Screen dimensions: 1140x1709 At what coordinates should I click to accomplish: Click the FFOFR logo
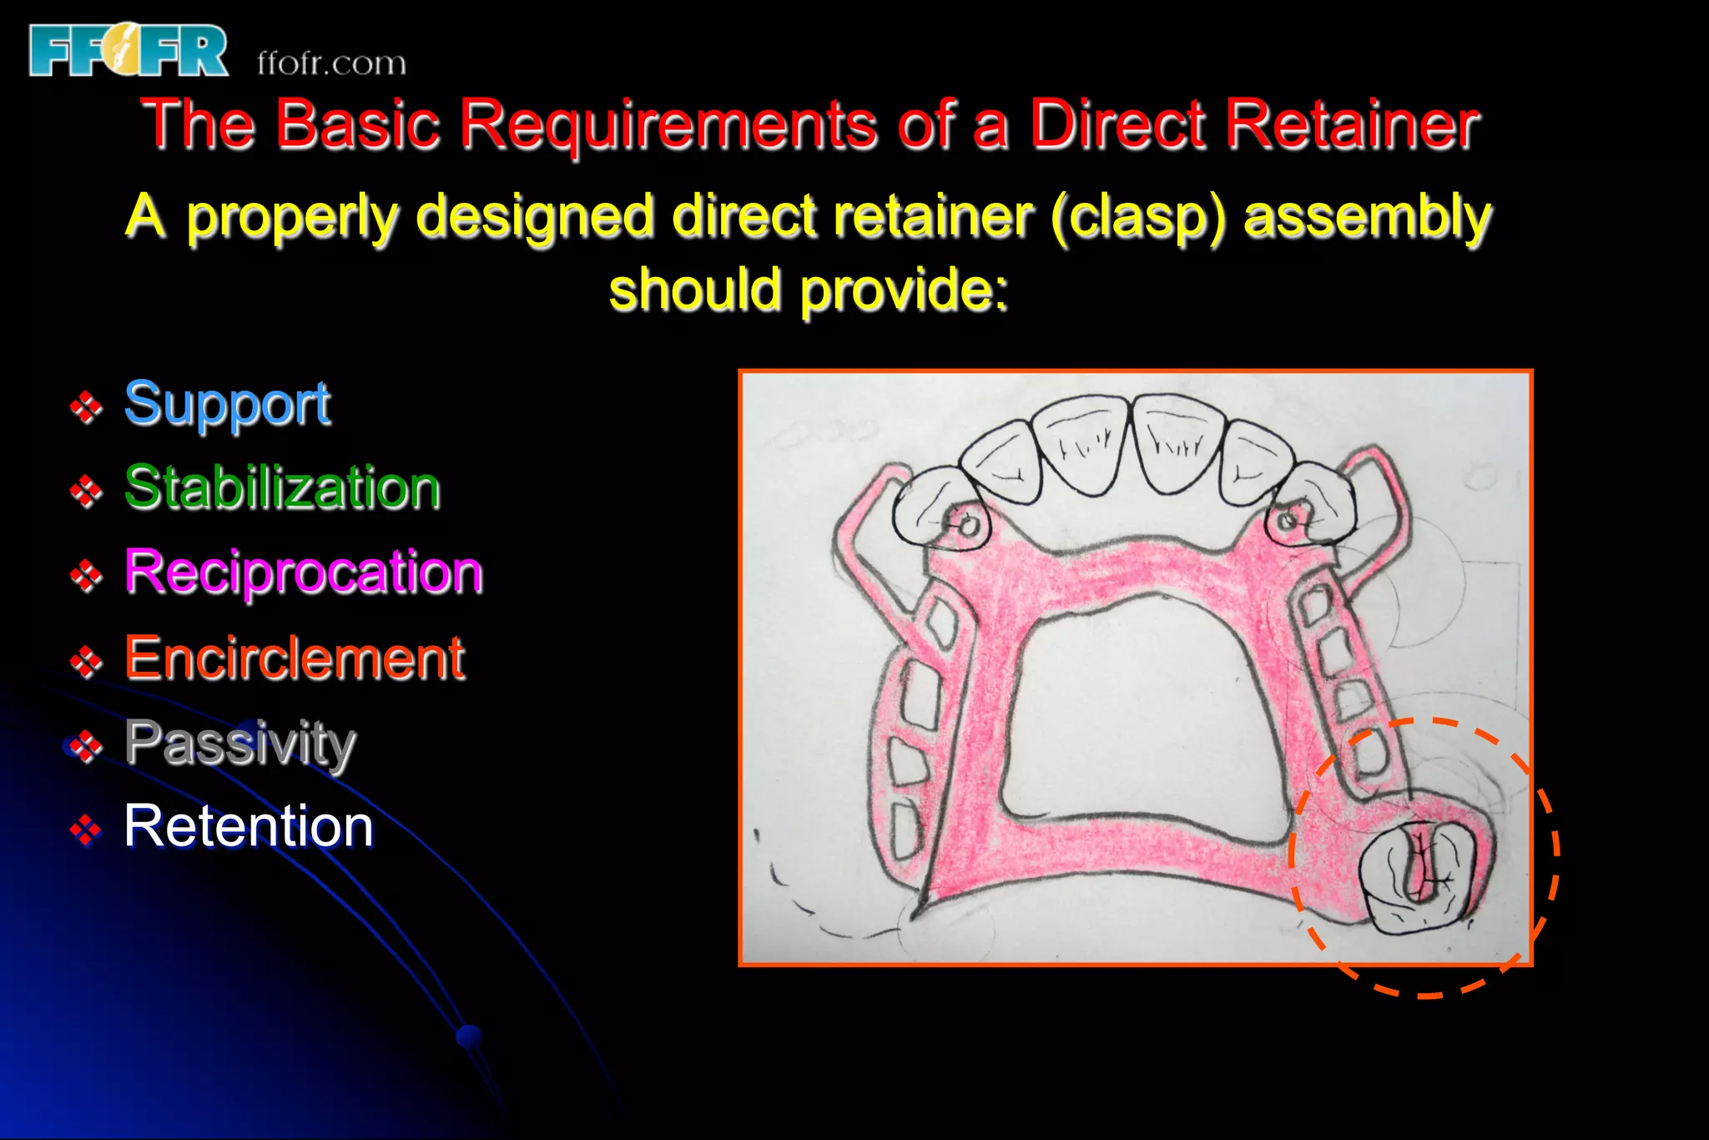tap(128, 50)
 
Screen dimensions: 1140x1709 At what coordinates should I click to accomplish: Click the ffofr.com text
tap(331, 63)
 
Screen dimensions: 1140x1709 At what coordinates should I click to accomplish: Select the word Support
tap(227, 404)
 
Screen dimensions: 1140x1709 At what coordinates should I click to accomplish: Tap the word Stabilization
tap(282, 488)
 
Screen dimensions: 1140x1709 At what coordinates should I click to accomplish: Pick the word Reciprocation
tap(304, 573)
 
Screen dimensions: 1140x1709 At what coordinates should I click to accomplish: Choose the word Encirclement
tap(294, 658)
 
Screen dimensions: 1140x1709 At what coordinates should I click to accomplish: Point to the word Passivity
tap(240, 743)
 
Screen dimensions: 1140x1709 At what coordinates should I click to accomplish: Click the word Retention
tap(249, 826)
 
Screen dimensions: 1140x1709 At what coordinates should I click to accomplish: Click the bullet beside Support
tap(86, 407)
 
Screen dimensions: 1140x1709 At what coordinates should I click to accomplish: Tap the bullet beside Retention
tap(86, 830)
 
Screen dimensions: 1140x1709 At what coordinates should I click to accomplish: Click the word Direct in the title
tap(1118, 125)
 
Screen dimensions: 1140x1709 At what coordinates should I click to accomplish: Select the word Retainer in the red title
tap(1352, 125)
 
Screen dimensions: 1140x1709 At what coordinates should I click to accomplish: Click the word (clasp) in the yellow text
tap(1138, 217)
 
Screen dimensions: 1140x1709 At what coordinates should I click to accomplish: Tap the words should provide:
tap(808, 290)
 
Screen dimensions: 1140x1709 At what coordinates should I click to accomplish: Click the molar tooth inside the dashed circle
tap(1414, 876)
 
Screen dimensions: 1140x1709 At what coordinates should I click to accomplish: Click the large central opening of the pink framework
tap(1143, 718)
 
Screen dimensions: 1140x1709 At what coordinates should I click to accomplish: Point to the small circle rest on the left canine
tap(969, 525)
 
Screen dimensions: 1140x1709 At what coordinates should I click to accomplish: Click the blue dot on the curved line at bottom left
tap(470, 1037)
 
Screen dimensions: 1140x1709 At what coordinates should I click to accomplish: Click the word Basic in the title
tap(357, 125)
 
